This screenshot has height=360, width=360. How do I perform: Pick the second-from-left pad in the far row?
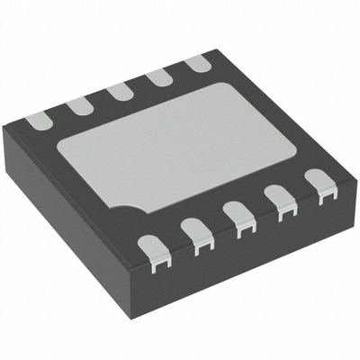click(x=78, y=104)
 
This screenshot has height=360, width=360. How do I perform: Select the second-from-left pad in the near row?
click(x=196, y=236)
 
